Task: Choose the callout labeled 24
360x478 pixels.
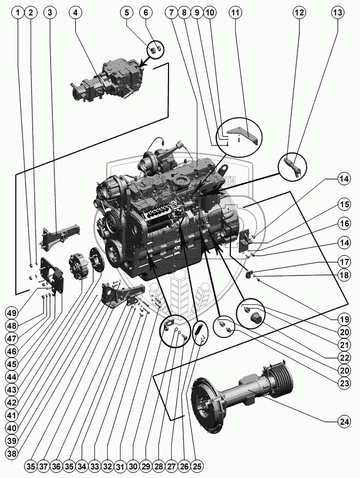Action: click(345, 422)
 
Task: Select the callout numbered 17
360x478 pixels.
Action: click(345, 262)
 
